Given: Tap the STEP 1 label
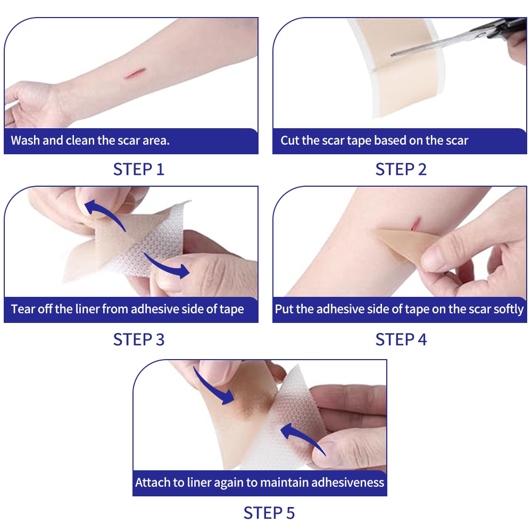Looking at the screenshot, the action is point(139,169).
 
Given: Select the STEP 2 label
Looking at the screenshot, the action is point(401,169).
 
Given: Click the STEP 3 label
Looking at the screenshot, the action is point(139,339).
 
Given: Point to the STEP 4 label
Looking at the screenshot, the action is point(401,339).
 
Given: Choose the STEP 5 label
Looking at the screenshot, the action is point(269,513).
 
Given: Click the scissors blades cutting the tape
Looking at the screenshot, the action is point(438,43).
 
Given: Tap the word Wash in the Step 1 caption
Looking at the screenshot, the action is point(25,140).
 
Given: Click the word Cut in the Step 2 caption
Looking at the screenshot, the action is point(290,140).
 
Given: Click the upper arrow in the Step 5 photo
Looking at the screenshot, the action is point(212,387).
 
